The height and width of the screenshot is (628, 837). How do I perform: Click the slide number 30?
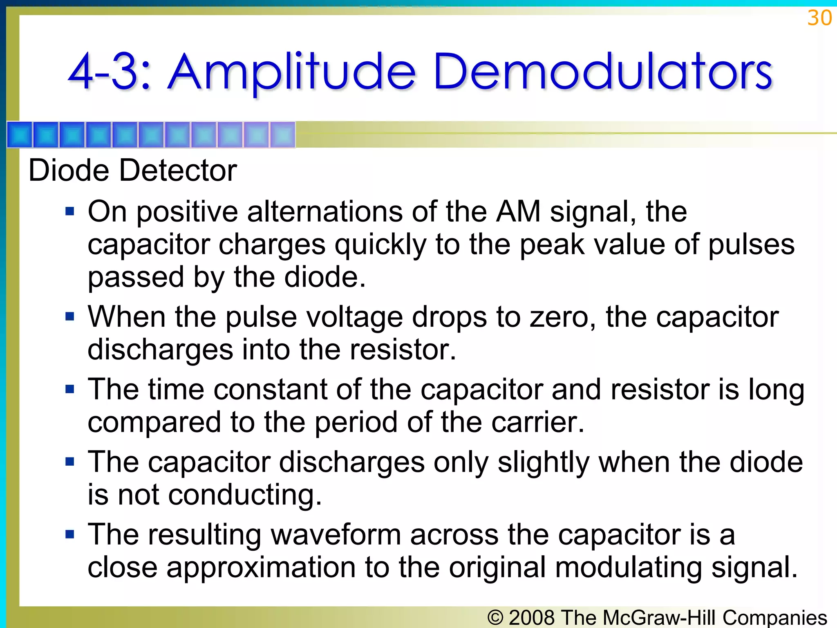(819, 18)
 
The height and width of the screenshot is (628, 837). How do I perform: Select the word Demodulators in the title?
(602, 72)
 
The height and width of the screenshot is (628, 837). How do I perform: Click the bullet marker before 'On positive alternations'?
(70, 212)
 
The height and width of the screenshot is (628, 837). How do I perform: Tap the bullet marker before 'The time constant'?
(70, 389)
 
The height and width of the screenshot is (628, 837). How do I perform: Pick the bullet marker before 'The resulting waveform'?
(70, 534)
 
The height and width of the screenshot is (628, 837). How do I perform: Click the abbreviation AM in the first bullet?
(518, 212)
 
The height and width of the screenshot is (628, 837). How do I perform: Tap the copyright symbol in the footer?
(495, 617)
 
